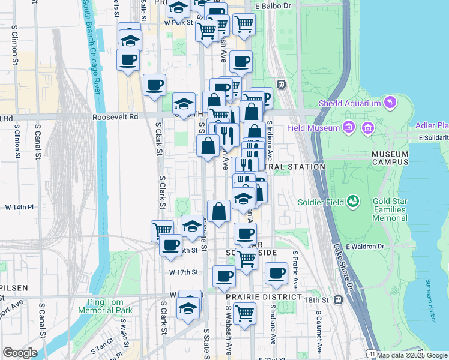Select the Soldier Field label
click(323, 202)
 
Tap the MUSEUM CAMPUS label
click(390, 158)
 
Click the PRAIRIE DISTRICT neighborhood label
click(263, 297)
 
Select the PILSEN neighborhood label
click(14, 288)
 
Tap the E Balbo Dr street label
click(273, 6)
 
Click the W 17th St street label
click(183, 272)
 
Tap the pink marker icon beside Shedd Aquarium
click(391, 103)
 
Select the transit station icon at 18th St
click(338, 299)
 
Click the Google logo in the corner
click(20, 353)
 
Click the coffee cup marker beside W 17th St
click(224, 277)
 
